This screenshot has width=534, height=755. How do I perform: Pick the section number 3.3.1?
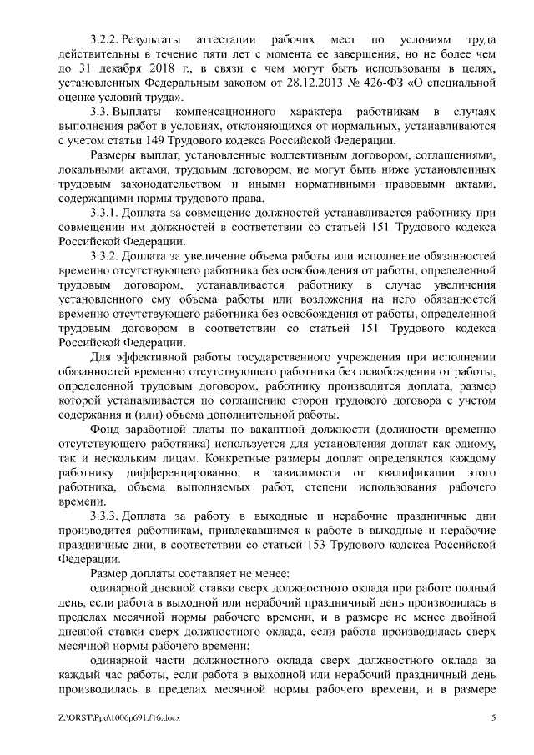click(x=107, y=214)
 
